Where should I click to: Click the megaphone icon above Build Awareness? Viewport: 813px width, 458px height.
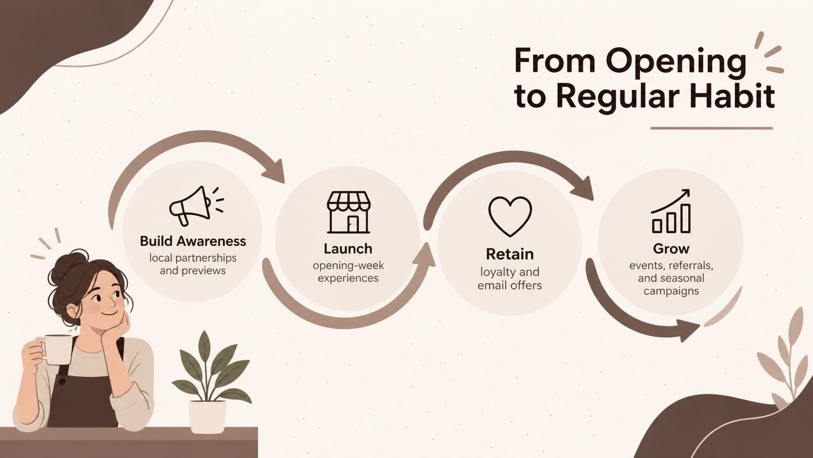(x=196, y=206)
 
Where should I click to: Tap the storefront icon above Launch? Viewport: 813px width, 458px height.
(x=349, y=212)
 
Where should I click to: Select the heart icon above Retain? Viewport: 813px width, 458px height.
(x=510, y=217)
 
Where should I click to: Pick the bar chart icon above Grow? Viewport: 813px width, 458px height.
(x=671, y=211)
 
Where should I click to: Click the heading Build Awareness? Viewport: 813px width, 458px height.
(x=193, y=241)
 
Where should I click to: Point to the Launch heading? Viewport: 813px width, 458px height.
(x=348, y=249)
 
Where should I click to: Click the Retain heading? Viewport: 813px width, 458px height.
(x=510, y=254)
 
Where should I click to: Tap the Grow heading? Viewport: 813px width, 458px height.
(x=671, y=249)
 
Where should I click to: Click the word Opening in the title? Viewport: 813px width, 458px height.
(x=675, y=62)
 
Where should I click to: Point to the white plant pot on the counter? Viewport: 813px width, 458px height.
(x=207, y=417)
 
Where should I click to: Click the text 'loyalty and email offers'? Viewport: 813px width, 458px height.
(x=510, y=278)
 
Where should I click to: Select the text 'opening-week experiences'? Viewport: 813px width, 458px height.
(x=348, y=272)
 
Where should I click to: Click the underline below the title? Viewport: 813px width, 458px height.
(x=711, y=128)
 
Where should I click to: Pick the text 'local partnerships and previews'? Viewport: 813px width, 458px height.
(x=193, y=264)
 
